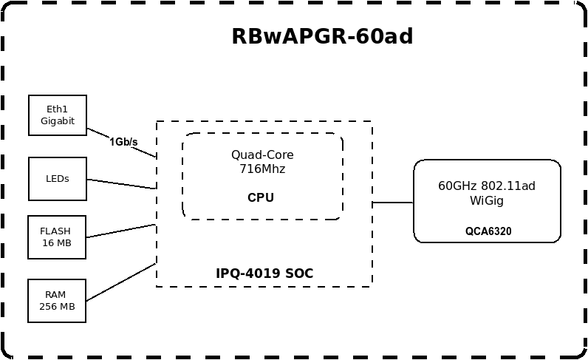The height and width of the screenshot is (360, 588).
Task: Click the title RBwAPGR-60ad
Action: pos(322,36)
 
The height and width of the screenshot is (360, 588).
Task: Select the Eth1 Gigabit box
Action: pos(58,115)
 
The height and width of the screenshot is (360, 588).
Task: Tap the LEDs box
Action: pos(58,179)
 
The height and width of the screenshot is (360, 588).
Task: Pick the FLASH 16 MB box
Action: pos(57,237)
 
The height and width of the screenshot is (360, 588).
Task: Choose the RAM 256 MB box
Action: pos(57,301)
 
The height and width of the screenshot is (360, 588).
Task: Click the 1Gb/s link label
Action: pos(123,141)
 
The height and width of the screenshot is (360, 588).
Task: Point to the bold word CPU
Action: pos(261,197)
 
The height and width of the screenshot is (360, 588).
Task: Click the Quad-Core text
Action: pos(262,154)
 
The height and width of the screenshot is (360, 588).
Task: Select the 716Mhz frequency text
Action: pos(262,169)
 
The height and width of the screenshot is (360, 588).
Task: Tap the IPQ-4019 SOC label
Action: pos(264,274)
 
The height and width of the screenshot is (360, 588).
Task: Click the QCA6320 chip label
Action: pos(488,231)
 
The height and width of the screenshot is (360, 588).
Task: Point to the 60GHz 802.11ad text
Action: pos(487,186)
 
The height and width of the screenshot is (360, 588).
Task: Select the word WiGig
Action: pos(487,200)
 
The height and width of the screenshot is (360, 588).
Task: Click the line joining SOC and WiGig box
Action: pos(392,202)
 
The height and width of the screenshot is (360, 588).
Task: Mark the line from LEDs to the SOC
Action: pos(122,184)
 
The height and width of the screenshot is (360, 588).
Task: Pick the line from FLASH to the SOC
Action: pos(122,231)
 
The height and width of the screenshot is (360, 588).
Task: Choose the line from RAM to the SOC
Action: pos(122,282)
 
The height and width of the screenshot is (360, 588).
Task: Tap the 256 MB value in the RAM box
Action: pos(57,307)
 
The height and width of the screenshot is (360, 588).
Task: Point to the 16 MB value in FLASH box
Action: pos(57,243)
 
